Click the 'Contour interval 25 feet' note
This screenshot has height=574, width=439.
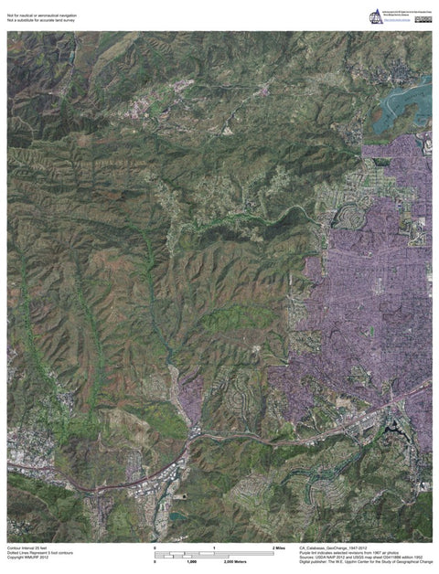[27, 547]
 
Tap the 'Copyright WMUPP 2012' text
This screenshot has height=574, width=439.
[27, 558]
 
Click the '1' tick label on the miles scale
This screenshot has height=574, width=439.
[214, 547]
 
